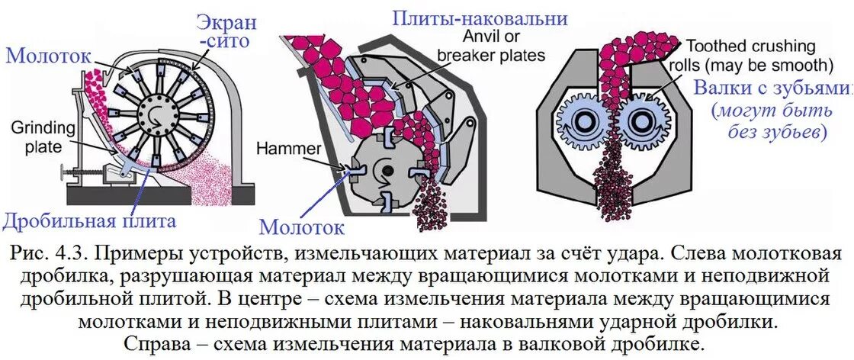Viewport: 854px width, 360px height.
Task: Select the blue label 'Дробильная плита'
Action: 89,222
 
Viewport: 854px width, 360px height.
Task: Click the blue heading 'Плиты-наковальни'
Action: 480,18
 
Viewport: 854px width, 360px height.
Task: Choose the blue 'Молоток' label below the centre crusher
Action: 301,227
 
